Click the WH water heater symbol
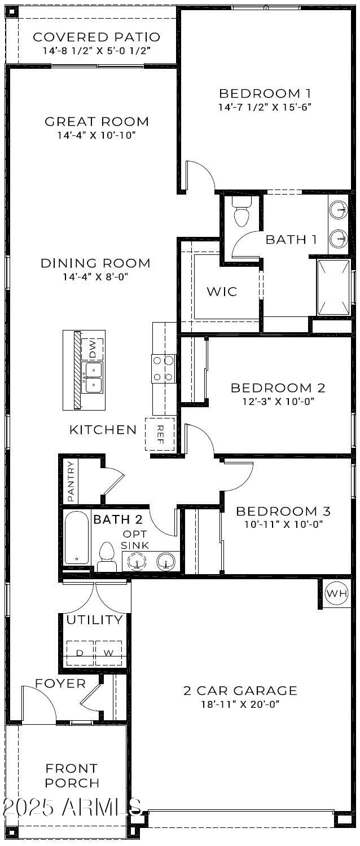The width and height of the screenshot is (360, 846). pos(336,593)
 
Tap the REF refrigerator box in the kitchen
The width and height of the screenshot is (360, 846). pos(160,434)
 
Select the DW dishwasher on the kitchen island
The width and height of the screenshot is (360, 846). pos(93,350)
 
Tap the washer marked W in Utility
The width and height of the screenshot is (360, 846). pos(108,653)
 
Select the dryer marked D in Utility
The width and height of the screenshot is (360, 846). pos(80,653)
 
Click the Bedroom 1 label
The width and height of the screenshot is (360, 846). pos(265,93)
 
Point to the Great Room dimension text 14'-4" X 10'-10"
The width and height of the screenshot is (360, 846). pos(96,135)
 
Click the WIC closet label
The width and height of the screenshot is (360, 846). pos(221,292)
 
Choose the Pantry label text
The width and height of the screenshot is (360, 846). pos(71,481)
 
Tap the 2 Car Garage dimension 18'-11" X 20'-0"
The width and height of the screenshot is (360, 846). pos(240,704)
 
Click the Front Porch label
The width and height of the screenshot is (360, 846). pos(72,775)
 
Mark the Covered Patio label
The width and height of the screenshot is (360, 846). pos(96,37)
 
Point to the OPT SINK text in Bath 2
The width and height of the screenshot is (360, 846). pos(135,539)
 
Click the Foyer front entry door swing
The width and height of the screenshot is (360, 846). pos(38,702)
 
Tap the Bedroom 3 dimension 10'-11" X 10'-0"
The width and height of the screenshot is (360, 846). pos(283,524)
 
